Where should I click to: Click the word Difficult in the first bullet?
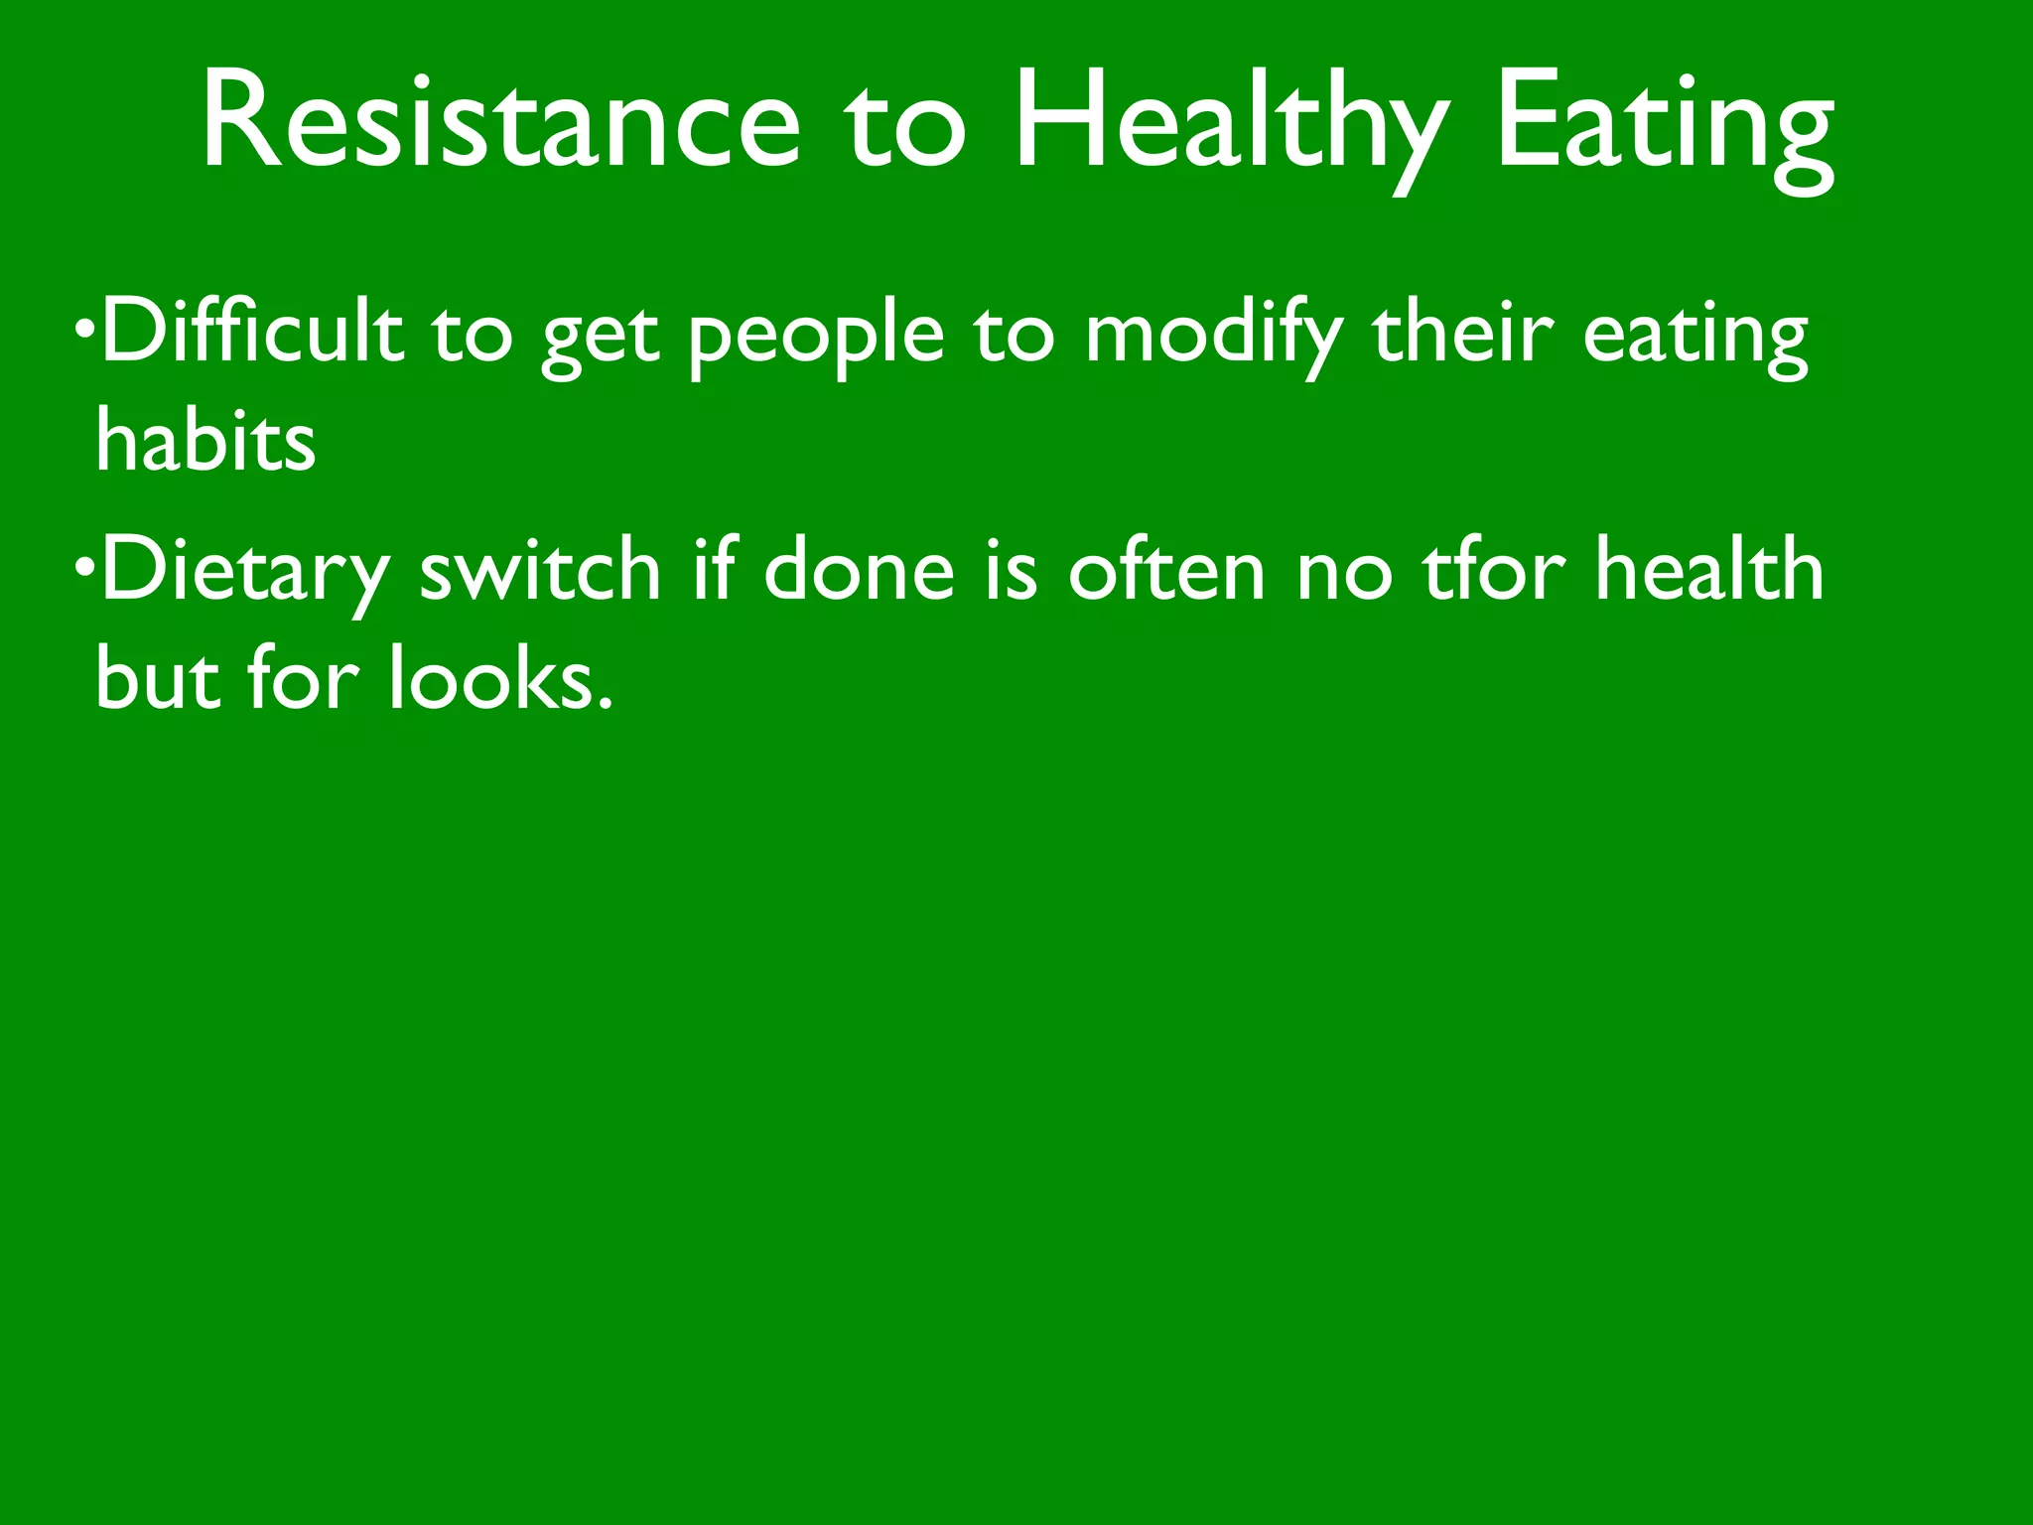[253, 332]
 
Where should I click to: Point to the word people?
[816, 338]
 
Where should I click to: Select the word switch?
[540, 570]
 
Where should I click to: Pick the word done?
[859, 570]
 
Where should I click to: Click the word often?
[1166, 570]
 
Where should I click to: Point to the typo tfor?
[1495, 570]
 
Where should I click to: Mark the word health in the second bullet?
[1708, 570]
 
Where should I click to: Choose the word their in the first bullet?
[1461, 332]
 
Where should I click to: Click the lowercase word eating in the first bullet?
[1695, 338]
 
